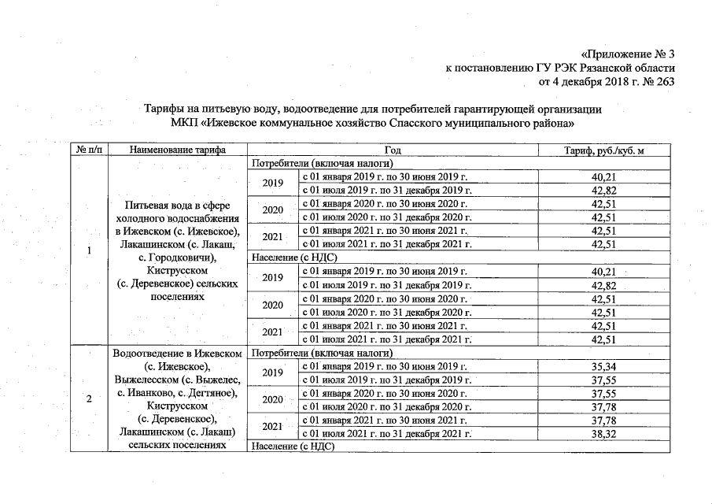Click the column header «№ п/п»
click(x=87, y=150)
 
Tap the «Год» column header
click(x=393, y=150)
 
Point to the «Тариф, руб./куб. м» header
click(x=603, y=150)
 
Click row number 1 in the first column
click(x=88, y=251)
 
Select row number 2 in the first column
click(x=88, y=399)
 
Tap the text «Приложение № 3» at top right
click(x=628, y=54)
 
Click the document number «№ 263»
click(x=660, y=81)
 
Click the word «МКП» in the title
click(x=184, y=124)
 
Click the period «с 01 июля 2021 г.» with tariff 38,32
click(x=386, y=434)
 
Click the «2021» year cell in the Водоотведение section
click(x=272, y=427)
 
